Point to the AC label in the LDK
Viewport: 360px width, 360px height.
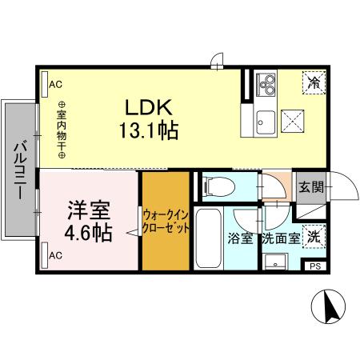click(x=55, y=83)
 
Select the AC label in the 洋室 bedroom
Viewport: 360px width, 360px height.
click(x=55, y=255)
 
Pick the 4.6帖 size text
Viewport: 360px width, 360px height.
click(x=88, y=234)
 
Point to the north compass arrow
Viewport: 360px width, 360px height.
click(x=326, y=306)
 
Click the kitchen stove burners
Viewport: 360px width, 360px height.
click(x=266, y=82)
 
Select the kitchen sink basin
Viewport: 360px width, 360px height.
click(x=265, y=122)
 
